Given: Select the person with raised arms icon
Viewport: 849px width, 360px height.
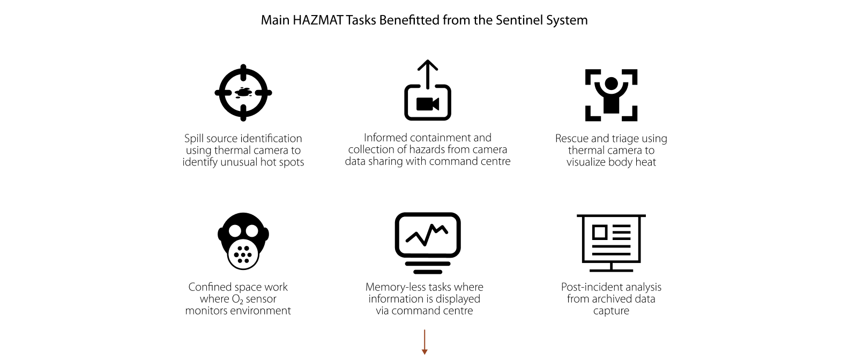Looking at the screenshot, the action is click(611, 95).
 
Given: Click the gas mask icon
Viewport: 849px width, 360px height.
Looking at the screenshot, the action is click(243, 241).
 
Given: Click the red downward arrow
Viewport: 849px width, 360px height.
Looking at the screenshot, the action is click(424, 342).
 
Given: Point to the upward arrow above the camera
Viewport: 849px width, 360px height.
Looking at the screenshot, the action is click(428, 74).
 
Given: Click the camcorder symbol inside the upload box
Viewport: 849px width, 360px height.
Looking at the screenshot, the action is click(428, 104).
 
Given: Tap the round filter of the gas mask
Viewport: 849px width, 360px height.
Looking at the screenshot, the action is click(243, 254).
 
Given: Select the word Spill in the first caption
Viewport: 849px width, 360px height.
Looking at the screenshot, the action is click(193, 139).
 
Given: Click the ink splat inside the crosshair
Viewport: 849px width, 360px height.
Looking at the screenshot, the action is click(243, 92).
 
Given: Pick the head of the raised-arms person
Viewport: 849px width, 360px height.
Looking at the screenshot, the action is click(612, 84).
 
